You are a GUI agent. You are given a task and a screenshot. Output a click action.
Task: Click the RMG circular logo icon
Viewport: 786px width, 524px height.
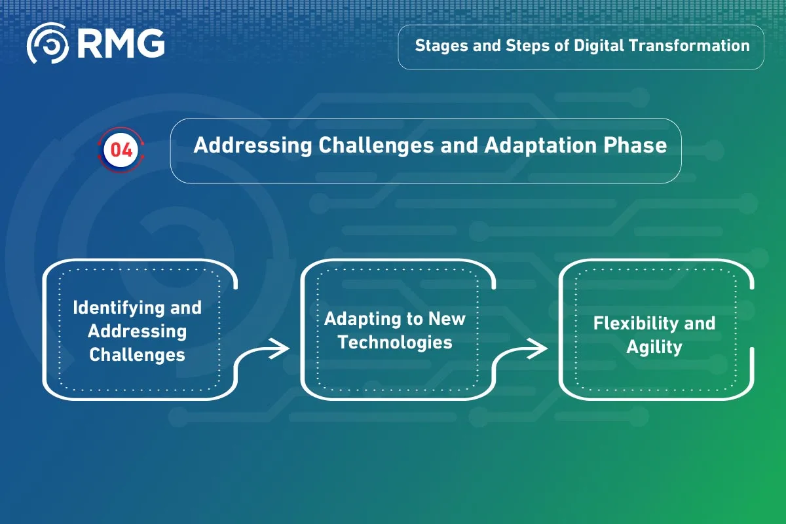48,43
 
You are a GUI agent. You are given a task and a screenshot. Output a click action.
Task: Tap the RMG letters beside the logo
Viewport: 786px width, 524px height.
121,43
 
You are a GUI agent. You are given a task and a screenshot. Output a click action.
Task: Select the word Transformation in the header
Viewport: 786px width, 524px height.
689,46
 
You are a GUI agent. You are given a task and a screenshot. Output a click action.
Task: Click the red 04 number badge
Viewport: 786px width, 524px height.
121,150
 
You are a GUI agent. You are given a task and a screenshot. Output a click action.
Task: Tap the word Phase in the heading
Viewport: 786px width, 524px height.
635,145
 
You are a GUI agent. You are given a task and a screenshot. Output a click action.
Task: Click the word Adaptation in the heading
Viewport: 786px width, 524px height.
540,146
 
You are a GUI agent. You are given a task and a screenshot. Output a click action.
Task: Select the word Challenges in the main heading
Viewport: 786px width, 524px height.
376,146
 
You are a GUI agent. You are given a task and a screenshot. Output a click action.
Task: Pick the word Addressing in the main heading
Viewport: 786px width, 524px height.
253,146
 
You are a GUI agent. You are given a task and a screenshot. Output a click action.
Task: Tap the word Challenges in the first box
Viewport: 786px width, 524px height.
137,354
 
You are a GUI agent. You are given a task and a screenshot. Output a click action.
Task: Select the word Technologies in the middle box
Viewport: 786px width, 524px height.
395,343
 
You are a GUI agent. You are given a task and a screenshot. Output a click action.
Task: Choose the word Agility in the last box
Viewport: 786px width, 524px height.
654,348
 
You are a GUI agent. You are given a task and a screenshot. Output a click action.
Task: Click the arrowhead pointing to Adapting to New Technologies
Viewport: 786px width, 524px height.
280,348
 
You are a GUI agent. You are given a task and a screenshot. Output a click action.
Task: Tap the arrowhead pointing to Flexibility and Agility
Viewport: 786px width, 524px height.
538,348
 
